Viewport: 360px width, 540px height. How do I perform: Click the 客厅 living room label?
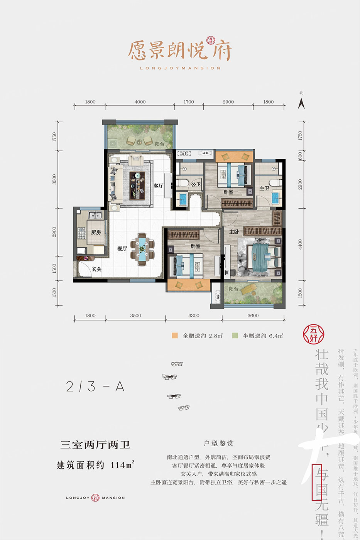[158, 186]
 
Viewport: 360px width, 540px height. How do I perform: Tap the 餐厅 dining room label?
[122, 249]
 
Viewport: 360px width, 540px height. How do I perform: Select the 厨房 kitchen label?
[96, 232]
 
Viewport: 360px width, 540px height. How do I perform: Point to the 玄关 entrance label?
[96, 269]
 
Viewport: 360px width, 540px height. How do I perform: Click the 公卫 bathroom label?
[196, 184]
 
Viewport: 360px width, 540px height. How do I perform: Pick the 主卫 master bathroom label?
[264, 188]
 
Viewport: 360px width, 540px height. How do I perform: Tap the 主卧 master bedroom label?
[234, 232]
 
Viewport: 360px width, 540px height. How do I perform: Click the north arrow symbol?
[301, 103]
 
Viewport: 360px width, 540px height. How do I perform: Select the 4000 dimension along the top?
[140, 102]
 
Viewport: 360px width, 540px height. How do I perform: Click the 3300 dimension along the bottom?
[194, 316]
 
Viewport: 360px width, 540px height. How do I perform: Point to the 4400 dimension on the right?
[300, 244]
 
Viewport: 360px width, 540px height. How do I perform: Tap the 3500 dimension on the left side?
[54, 179]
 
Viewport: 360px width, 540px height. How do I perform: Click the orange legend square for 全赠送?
[175, 336]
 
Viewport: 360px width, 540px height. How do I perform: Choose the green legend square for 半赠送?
[235, 336]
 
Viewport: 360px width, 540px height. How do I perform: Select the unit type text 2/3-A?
[95, 386]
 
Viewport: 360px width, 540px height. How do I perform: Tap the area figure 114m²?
[122, 465]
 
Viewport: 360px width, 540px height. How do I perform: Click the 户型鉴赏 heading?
[218, 444]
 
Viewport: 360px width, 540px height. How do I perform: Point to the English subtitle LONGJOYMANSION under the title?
[180, 68]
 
